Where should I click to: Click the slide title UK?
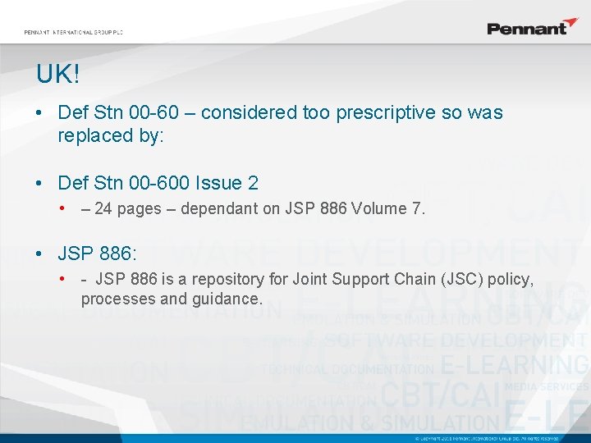click(x=57, y=75)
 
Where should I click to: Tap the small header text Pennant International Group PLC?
click(x=73, y=33)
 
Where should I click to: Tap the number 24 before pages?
click(x=103, y=208)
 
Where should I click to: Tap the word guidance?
click(x=227, y=299)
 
